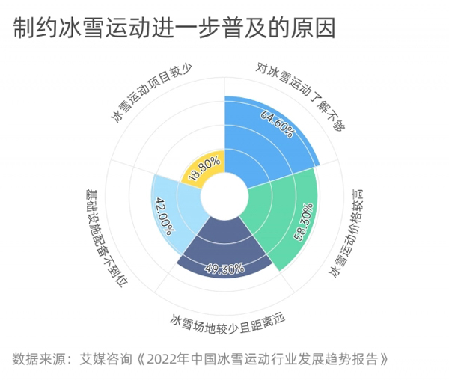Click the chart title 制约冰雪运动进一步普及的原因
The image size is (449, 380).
pos(174,28)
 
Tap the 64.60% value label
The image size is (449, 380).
pos(277,124)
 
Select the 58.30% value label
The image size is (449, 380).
pos(304,222)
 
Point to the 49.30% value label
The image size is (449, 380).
pos(224,269)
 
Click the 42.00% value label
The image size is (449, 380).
pos(164,215)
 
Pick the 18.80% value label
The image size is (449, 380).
pos(204,168)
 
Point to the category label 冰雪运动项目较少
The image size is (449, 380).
pos(152,93)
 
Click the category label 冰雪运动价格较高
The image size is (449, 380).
pos(346,233)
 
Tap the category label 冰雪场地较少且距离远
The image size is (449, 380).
pos(227,323)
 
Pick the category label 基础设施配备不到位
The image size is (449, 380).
pos(107,238)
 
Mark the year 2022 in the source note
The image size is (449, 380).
pos(161,359)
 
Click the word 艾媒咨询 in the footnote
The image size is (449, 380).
pos(106,359)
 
